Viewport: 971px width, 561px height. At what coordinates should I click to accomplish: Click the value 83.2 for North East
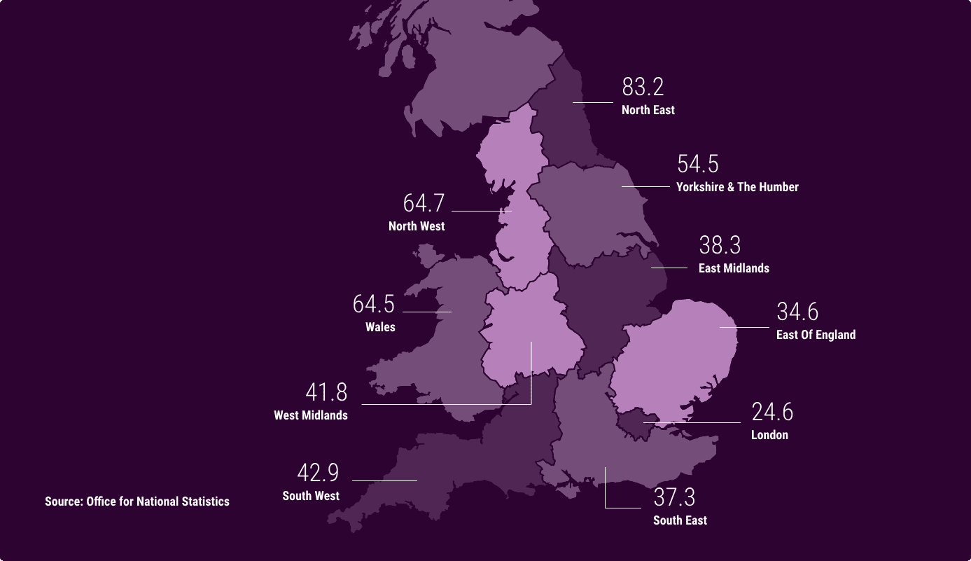coord(643,87)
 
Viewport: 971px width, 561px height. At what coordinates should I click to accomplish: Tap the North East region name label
coord(648,110)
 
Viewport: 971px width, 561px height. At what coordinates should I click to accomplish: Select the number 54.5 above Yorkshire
coord(697,164)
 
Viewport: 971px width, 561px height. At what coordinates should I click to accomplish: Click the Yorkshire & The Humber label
coord(737,187)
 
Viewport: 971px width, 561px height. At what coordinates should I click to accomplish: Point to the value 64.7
coord(424,203)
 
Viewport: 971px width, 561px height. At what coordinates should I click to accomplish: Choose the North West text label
coord(417,226)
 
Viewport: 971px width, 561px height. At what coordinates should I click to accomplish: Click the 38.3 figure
coord(720,245)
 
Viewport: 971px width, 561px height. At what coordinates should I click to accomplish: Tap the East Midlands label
coord(734,268)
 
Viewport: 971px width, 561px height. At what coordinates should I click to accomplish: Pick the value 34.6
coord(797,312)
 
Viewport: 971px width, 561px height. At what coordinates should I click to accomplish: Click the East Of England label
coord(816,335)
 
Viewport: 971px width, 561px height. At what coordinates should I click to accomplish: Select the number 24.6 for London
coord(772,412)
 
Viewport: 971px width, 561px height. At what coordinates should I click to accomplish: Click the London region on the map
coord(634,424)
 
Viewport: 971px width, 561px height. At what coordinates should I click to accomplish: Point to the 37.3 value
coord(674,497)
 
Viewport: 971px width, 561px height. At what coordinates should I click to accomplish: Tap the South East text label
coord(680,520)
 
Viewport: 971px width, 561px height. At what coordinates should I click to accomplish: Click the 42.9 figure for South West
coord(318,473)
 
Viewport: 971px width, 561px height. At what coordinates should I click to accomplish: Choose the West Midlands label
coord(311,415)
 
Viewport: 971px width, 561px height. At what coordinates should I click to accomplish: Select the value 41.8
coord(326,392)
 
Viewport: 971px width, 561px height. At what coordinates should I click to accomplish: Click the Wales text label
coord(380,327)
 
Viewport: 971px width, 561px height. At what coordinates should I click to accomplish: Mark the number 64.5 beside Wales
coord(374,304)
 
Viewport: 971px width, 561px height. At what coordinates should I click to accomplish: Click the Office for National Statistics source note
coord(137,501)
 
